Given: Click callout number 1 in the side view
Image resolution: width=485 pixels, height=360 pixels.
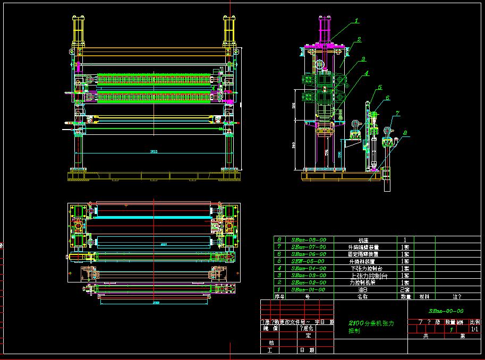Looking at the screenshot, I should tap(357, 21).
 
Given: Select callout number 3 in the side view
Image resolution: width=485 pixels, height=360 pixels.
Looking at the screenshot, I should tap(363, 59).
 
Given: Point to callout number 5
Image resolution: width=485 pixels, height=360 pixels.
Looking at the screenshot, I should tap(380, 87).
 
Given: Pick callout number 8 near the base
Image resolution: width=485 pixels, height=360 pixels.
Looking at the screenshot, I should tap(405, 133).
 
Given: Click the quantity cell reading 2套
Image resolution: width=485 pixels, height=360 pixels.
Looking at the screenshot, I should tap(404, 289).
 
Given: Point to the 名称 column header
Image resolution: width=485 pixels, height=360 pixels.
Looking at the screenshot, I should tap(363, 297).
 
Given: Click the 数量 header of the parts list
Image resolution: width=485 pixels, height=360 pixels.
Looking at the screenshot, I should tap(404, 297).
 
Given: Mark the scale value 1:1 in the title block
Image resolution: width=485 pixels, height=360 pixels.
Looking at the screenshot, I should tap(474, 329).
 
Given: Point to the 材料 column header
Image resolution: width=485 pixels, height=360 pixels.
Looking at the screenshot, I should tap(424, 297).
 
